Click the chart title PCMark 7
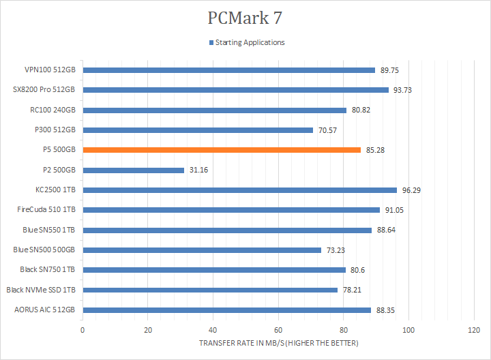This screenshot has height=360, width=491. click(245, 18)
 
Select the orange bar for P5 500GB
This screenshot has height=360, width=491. click(222, 150)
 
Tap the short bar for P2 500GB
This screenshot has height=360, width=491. click(134, 170)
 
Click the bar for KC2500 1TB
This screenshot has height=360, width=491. click(239, 190)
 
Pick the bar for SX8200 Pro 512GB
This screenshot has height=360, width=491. click(235, 90)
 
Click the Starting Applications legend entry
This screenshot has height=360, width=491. click(250, 42)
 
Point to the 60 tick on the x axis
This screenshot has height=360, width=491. click(278, 330)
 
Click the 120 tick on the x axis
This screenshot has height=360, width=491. click(474, 330)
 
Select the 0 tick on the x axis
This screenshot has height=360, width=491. click(83, 330)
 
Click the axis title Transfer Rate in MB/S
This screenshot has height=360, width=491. click(278, 342)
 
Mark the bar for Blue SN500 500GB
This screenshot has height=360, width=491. click(202, 250)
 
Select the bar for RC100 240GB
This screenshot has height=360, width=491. click(214, 110)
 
